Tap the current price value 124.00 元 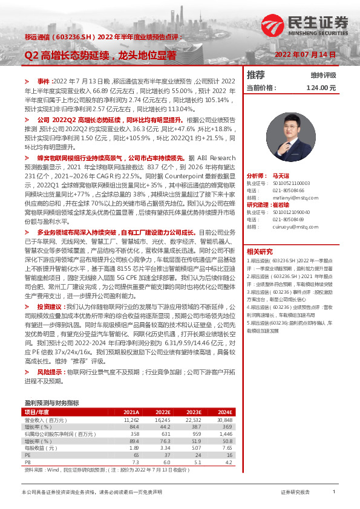pyautogui.click(x=321, y=88)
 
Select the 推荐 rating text pyautogui.click(x=256, y=75)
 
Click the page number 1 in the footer pyautogui.click(x=334, y=493)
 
